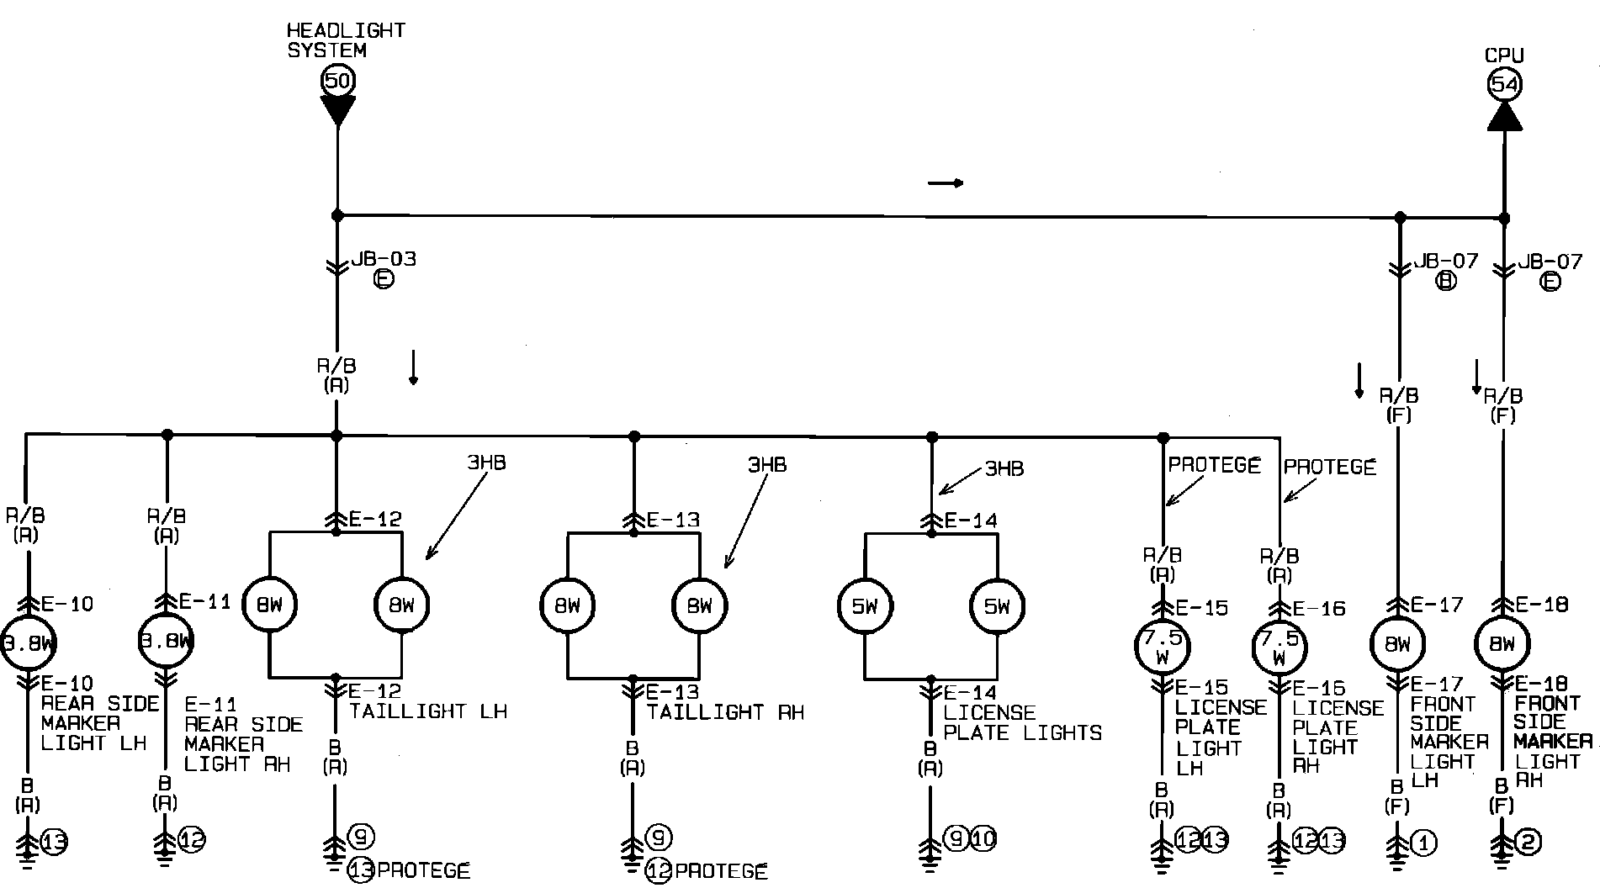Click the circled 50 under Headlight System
[x=337, y=81]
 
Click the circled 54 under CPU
[x=1504, y=84]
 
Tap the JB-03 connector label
[x=383, y=259]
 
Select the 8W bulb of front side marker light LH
[x=1397, y=644]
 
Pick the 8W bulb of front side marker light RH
[x=1502, y=644]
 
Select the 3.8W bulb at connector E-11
[x=166, y=643]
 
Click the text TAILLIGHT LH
[x=428, y=711]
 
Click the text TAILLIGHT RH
[x=725, y=712]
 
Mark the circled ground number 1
[x=1423, y=842]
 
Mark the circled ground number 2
[x=1528, y=842]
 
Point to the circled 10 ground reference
[x=983, y=838]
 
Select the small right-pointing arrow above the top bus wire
[x=946, y=182]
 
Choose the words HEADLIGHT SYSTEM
[x=346, y=40]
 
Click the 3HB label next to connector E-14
[x=1004, y=468]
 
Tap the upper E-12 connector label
[x=375, y=519]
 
